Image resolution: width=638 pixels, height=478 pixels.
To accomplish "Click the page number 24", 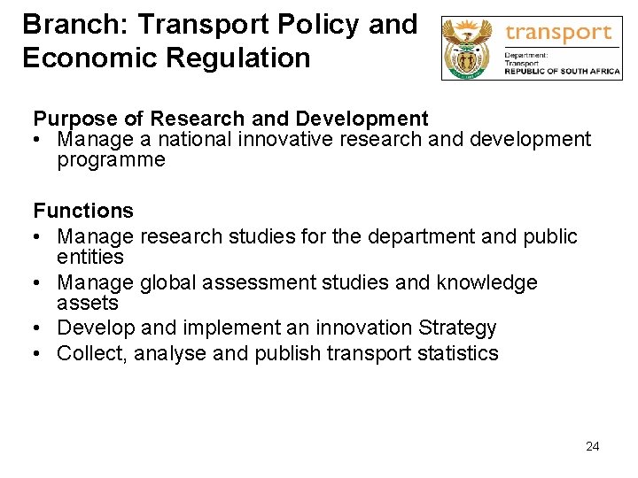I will tap(593, 446).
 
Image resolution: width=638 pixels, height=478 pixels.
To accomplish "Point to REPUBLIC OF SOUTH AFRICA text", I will tap(563, 73).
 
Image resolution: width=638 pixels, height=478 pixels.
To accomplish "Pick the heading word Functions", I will tap(83, 211).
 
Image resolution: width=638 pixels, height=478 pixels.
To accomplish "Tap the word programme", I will tap(111, 160).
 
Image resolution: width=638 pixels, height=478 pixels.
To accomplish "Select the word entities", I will tap(90, 257).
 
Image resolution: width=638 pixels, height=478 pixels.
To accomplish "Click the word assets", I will tap(87, 303).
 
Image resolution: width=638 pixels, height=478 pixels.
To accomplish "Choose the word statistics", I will tap(455, 354).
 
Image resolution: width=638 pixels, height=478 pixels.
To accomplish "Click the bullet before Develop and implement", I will tap(39, 328).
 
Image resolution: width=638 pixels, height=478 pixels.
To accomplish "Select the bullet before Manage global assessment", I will tap(39, 282).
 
